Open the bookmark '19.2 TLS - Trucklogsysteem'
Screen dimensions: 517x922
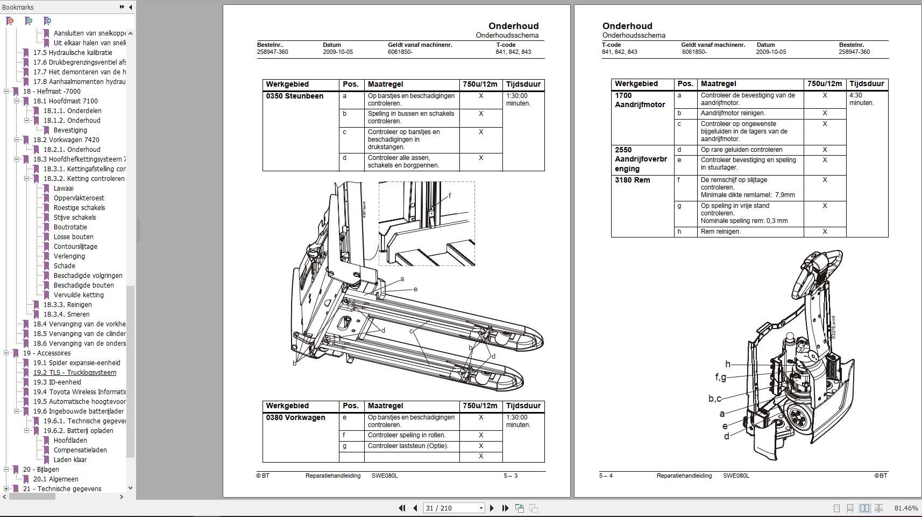coord(74,373)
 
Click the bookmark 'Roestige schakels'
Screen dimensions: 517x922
coord(79,208)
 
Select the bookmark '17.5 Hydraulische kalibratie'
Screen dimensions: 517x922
coord(73,53)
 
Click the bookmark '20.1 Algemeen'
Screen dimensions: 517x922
coord(55,479)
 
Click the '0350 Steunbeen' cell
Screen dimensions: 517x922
coord(295,96)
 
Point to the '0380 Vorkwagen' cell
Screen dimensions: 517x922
coord(295,418)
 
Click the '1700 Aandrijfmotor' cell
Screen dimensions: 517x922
coord(640,100)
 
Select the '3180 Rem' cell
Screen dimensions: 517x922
coord(632,180)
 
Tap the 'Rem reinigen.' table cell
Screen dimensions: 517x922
coord(720,232)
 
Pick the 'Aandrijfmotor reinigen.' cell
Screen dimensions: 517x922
coord(733,114)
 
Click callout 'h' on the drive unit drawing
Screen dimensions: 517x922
coord(728,364)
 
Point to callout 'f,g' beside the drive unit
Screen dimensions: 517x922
coord(720,377)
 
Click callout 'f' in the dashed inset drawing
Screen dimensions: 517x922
coord(450,195)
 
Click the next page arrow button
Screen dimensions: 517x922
coord(492,508)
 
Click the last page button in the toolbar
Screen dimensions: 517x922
coord(505,508)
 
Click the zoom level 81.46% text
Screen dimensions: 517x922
coord(906,508)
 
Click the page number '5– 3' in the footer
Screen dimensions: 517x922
coord(510,476)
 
